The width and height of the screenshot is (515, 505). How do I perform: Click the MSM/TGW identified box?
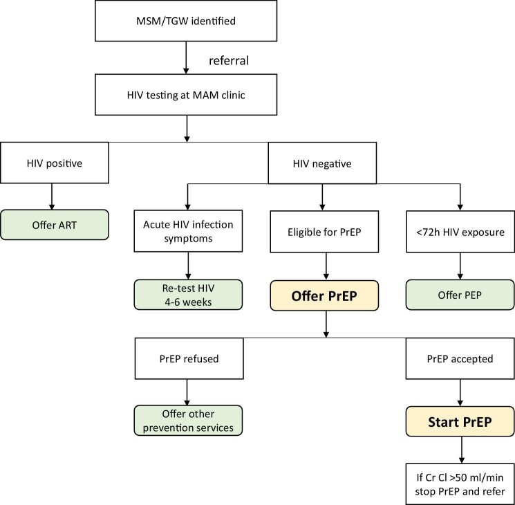point(186,21)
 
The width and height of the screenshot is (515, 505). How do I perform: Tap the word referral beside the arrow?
point(229,60)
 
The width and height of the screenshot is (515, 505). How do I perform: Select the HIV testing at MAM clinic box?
point(186,95)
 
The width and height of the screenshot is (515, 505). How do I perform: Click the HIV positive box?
point(55,163)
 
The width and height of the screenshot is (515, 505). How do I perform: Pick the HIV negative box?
point(322,163)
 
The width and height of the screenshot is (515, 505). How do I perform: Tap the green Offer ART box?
point(55,225)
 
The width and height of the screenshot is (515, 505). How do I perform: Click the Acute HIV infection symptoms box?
point(188,231)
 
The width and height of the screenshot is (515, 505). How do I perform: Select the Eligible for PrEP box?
point(324,232)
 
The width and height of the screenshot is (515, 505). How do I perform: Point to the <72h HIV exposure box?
point(460,232)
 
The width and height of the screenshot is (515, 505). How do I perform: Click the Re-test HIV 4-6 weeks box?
point(188,295)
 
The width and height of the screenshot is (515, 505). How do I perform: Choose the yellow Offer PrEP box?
point(324,295)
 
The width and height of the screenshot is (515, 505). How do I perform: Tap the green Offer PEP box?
point(460,295)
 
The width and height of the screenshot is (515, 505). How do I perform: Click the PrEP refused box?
point(189,358)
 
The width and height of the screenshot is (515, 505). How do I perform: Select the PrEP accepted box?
point(460,358)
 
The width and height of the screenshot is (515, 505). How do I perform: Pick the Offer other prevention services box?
point(188,421)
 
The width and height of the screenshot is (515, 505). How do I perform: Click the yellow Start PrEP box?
point(460,421)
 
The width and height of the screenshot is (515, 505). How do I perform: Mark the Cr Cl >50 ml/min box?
point(460,484)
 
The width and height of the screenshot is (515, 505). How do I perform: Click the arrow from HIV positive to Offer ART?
point(52,196)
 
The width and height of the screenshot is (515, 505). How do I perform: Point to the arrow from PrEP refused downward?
point(187,392)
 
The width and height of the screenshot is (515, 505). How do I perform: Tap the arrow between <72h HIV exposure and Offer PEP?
point(460,266)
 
